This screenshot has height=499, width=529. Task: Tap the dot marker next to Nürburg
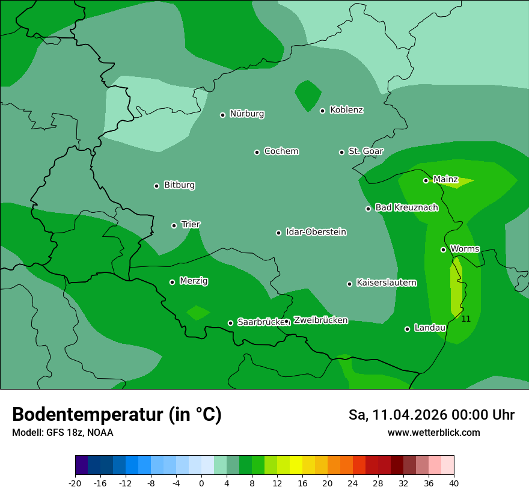coord(222,115)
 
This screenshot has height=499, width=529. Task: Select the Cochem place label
coord(281,152)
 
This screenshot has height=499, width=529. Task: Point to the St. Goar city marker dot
coord(341,152)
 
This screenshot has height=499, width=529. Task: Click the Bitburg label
coord(179,185)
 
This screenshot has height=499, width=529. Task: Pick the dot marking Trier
coord(174,225)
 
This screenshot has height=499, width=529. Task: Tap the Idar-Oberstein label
coord(316,232)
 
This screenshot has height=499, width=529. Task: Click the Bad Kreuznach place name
coord(406,207)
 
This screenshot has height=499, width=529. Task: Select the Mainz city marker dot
coord(426,180)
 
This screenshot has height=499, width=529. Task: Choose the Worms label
coord(465,249)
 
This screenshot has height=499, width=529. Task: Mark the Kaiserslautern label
coord(386,283)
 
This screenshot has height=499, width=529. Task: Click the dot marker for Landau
coord(407,329)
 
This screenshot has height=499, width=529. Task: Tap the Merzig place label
coord(194,281)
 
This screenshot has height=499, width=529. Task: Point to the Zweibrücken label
coord(320,320)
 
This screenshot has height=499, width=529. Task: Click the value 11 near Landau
coord(466,319)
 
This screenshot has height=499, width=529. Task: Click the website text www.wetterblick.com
coord(433,433)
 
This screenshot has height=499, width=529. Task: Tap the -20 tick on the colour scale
coord(75,483)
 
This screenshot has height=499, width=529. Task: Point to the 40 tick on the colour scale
coord(454,483)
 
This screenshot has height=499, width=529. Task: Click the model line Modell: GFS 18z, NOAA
coord(63,433)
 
